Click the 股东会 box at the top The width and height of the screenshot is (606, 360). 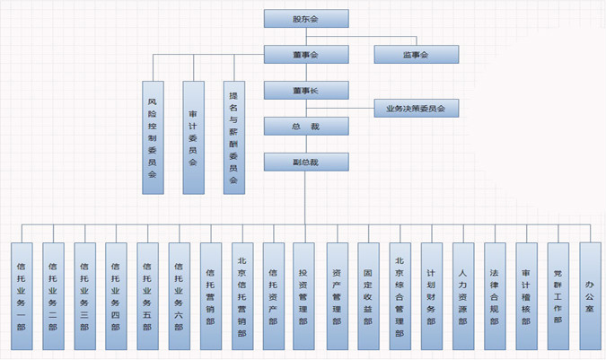305,19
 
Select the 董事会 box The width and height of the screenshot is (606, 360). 305,55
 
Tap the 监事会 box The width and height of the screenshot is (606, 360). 416,55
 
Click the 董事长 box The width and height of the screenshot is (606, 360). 305,90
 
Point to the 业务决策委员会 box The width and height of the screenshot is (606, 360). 416,109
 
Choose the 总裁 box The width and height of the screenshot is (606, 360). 305,126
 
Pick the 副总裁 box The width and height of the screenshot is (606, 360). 305,162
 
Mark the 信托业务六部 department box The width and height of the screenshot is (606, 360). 179,295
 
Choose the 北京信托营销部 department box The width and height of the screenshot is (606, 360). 242,295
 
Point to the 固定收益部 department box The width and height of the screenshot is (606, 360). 368,295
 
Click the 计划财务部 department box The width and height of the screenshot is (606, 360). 431,295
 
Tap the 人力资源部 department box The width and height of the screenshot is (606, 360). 462,295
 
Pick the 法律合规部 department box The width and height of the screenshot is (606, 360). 495,295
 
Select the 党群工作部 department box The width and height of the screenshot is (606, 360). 558,295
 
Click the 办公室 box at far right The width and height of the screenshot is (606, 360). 590,295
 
